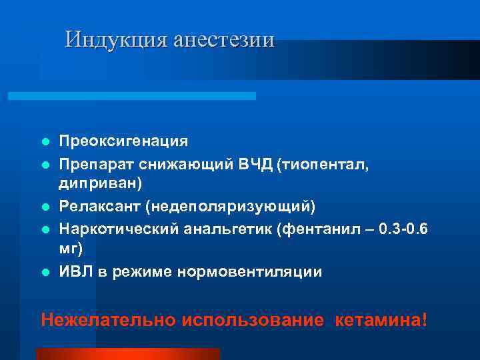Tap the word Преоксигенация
[x=123, y=141]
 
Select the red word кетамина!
[x=382, y=319]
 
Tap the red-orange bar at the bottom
[x=127, y=354]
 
